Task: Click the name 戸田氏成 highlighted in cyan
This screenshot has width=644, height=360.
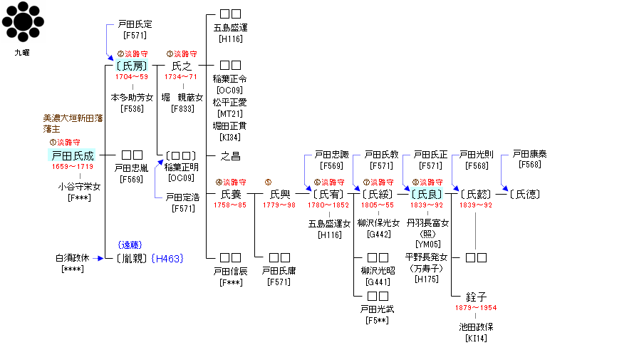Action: click(72, 155)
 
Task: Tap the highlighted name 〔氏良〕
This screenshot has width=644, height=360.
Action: click(427, 194)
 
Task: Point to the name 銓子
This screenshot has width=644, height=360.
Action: click(475, 296)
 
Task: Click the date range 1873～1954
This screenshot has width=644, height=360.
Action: click(476, 308)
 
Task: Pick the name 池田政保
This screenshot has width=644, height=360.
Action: click(476, 326)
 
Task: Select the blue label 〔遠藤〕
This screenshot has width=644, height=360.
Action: click(133, 245)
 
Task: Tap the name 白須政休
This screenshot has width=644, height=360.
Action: click(73, 258)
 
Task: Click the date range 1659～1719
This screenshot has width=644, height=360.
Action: click(72, 167)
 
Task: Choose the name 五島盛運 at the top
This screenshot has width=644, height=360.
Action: click(230, 28)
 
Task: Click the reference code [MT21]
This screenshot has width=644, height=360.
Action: click(230, 114)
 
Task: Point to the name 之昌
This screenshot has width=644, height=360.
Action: click(230, 155)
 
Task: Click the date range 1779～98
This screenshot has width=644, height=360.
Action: click(280, 205)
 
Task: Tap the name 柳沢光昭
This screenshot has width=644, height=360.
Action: click(378, 270)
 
